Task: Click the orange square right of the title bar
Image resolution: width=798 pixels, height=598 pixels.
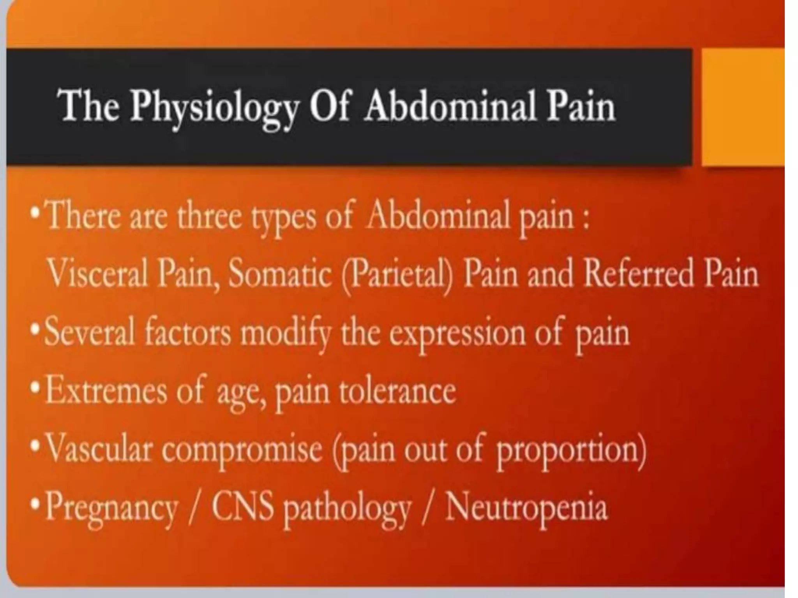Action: pyautogui.click(x=742, y=107)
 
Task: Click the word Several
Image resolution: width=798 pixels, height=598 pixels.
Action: pyautogui.click(x=90, y=333)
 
